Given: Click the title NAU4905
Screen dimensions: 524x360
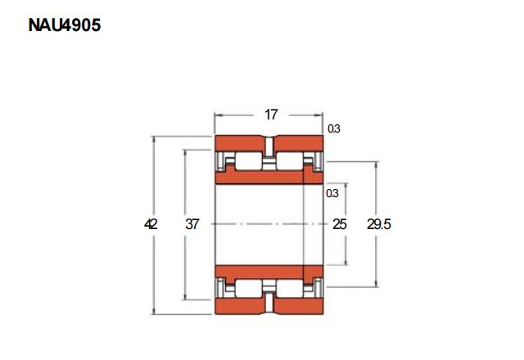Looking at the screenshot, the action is pyautogui.click(x=65, y=25).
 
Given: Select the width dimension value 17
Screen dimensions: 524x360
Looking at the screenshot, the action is pyautogui.click(x=271, y=115).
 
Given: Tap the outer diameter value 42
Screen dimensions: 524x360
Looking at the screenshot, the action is pyautogui.click(x=151, y=224).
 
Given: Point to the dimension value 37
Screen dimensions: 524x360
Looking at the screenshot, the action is pyautogui.click(x=192, y=224).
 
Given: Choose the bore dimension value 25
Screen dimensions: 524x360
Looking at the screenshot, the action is pyautogui.click(x=340, y=224).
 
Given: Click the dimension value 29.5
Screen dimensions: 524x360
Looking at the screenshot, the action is pyautogui.click(x=379, y=224).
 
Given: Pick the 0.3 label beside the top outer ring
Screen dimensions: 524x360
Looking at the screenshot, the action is pyautogui.click(x=333, y=128).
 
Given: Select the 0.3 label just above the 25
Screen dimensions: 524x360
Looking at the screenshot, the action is pyautogui.click(x=332, y=193).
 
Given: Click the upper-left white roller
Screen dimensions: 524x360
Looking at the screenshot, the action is pyautogui.click(x=249, y=161).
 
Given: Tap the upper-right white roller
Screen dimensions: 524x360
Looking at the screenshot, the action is pyautogui.click(x=290, y=161).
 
